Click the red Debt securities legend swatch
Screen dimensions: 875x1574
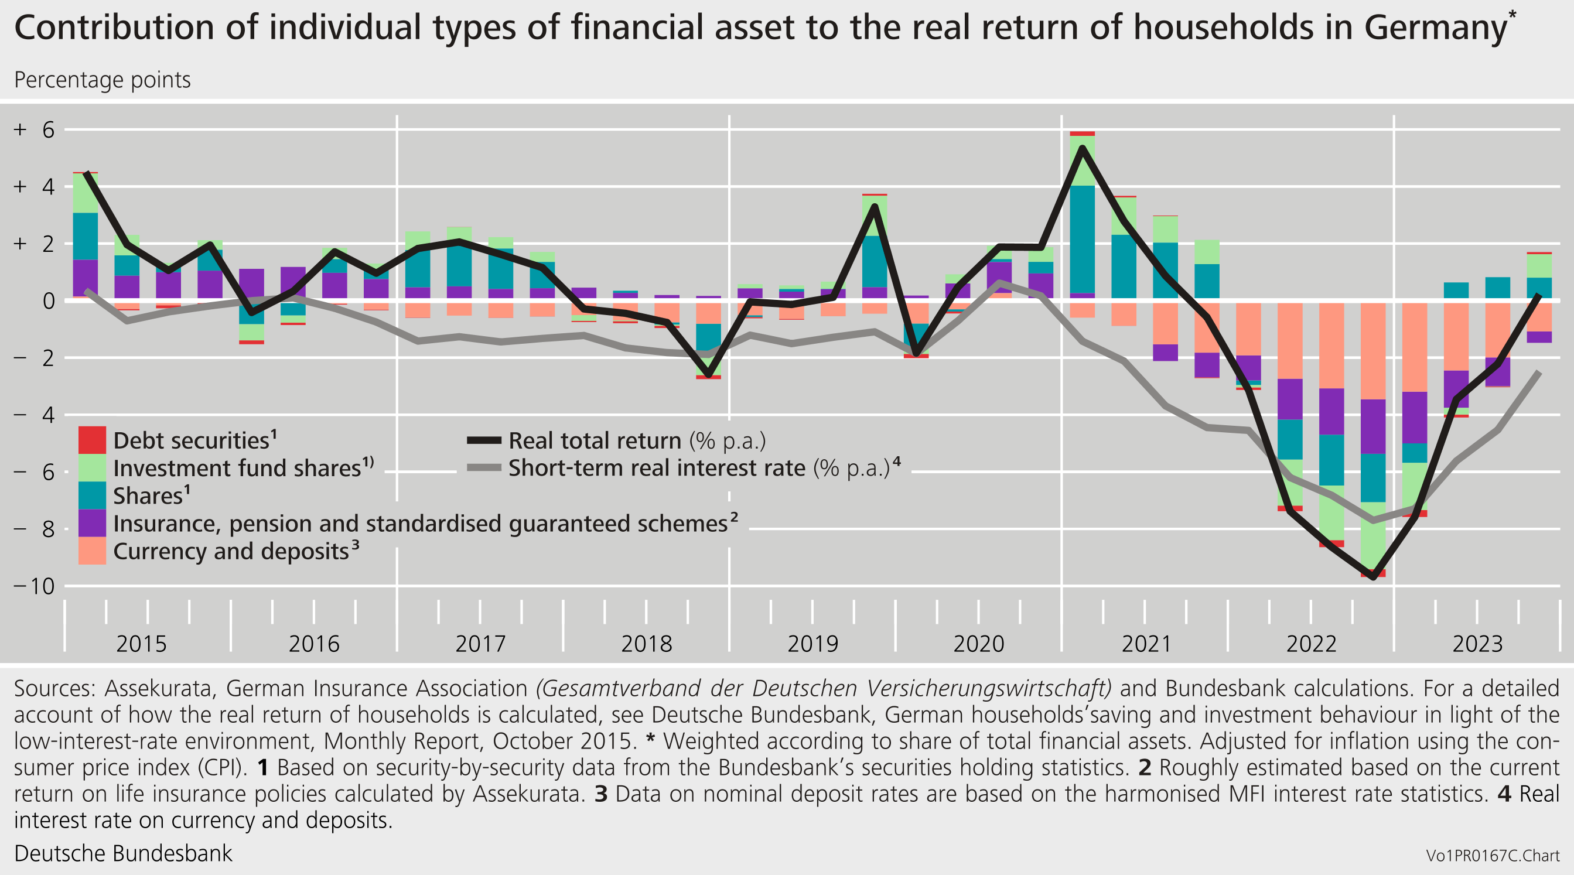point(91,440)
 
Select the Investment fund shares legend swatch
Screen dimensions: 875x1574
point(91,467)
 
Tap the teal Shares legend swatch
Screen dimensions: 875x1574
point(91,495)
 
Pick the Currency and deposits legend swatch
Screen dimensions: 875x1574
point(91,551)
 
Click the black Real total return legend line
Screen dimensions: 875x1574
point(484,440)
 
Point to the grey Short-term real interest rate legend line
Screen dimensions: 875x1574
point(484,467)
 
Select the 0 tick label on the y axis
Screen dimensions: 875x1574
point(47,300)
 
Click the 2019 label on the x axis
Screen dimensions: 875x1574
point(812,644)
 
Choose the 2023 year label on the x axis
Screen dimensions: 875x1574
point(1477,644)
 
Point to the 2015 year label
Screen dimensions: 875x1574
point(141,644)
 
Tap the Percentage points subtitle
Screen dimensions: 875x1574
point(102,80)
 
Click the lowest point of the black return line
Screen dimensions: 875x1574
point(1373,577)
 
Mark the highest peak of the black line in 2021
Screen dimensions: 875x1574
point(1082,147)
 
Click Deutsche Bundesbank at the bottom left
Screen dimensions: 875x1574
point(123,853)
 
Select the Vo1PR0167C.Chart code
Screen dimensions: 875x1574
point(1492,856)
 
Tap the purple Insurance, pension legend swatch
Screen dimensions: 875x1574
point(91,523)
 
